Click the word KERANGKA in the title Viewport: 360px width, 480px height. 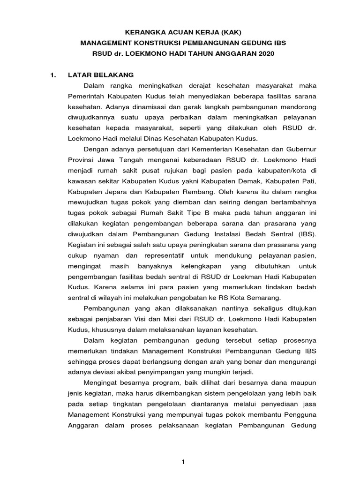pos(142,32)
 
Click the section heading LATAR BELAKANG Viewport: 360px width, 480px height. pos(101,75)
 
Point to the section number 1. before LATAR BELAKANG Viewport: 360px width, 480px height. pos(53,75)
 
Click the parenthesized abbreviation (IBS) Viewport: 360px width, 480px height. pos(307,234)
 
